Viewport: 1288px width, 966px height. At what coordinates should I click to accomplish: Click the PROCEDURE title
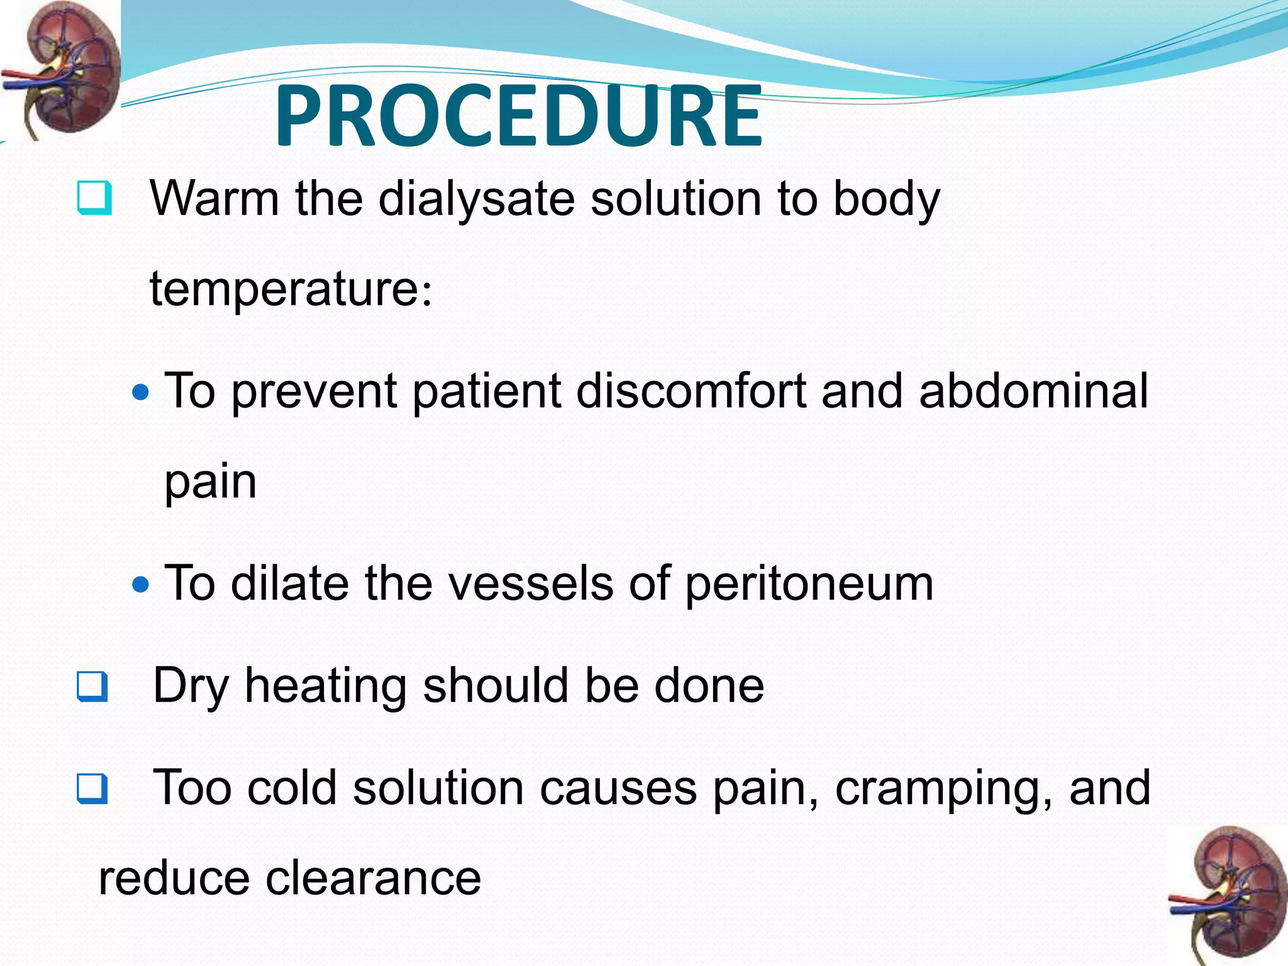518,117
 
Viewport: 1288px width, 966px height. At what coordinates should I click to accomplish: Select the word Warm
214,199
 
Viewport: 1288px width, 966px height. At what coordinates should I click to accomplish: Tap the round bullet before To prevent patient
142,393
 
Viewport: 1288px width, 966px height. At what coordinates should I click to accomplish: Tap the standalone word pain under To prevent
211,483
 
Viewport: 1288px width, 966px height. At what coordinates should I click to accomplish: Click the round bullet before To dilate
142,585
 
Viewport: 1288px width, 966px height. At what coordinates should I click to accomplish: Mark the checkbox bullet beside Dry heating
92,687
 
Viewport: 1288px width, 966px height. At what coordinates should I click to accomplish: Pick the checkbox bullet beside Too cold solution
92,789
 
